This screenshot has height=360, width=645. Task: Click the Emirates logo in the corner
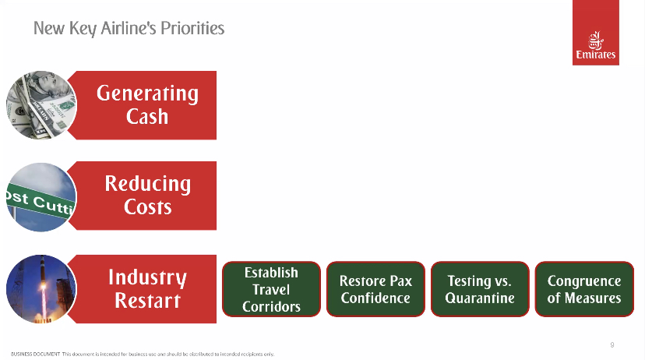(596, 33)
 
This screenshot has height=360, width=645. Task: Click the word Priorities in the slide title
(192, 28)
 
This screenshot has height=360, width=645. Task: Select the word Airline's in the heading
(129, 28)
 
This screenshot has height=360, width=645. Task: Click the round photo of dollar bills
(41, 105)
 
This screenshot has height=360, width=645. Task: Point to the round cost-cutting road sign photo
(41, 197)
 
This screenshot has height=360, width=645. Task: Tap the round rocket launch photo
(41, 289)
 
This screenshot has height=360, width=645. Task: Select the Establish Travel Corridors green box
(272, 289)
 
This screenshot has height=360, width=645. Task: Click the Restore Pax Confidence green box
(375, 289)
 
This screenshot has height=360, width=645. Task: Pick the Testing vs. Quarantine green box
(480, 289)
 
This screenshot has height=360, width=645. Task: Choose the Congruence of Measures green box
(584, 289)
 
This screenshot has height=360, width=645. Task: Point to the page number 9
(612, 344)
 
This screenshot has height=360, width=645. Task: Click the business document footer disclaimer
(143, 354)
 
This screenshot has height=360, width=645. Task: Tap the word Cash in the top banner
(147, 116)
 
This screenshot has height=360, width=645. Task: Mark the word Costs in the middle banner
(148, 206)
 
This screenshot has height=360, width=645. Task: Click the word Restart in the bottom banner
(148, 300)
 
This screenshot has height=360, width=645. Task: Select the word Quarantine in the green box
(480, 298)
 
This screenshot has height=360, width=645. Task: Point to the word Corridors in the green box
(272, 306)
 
